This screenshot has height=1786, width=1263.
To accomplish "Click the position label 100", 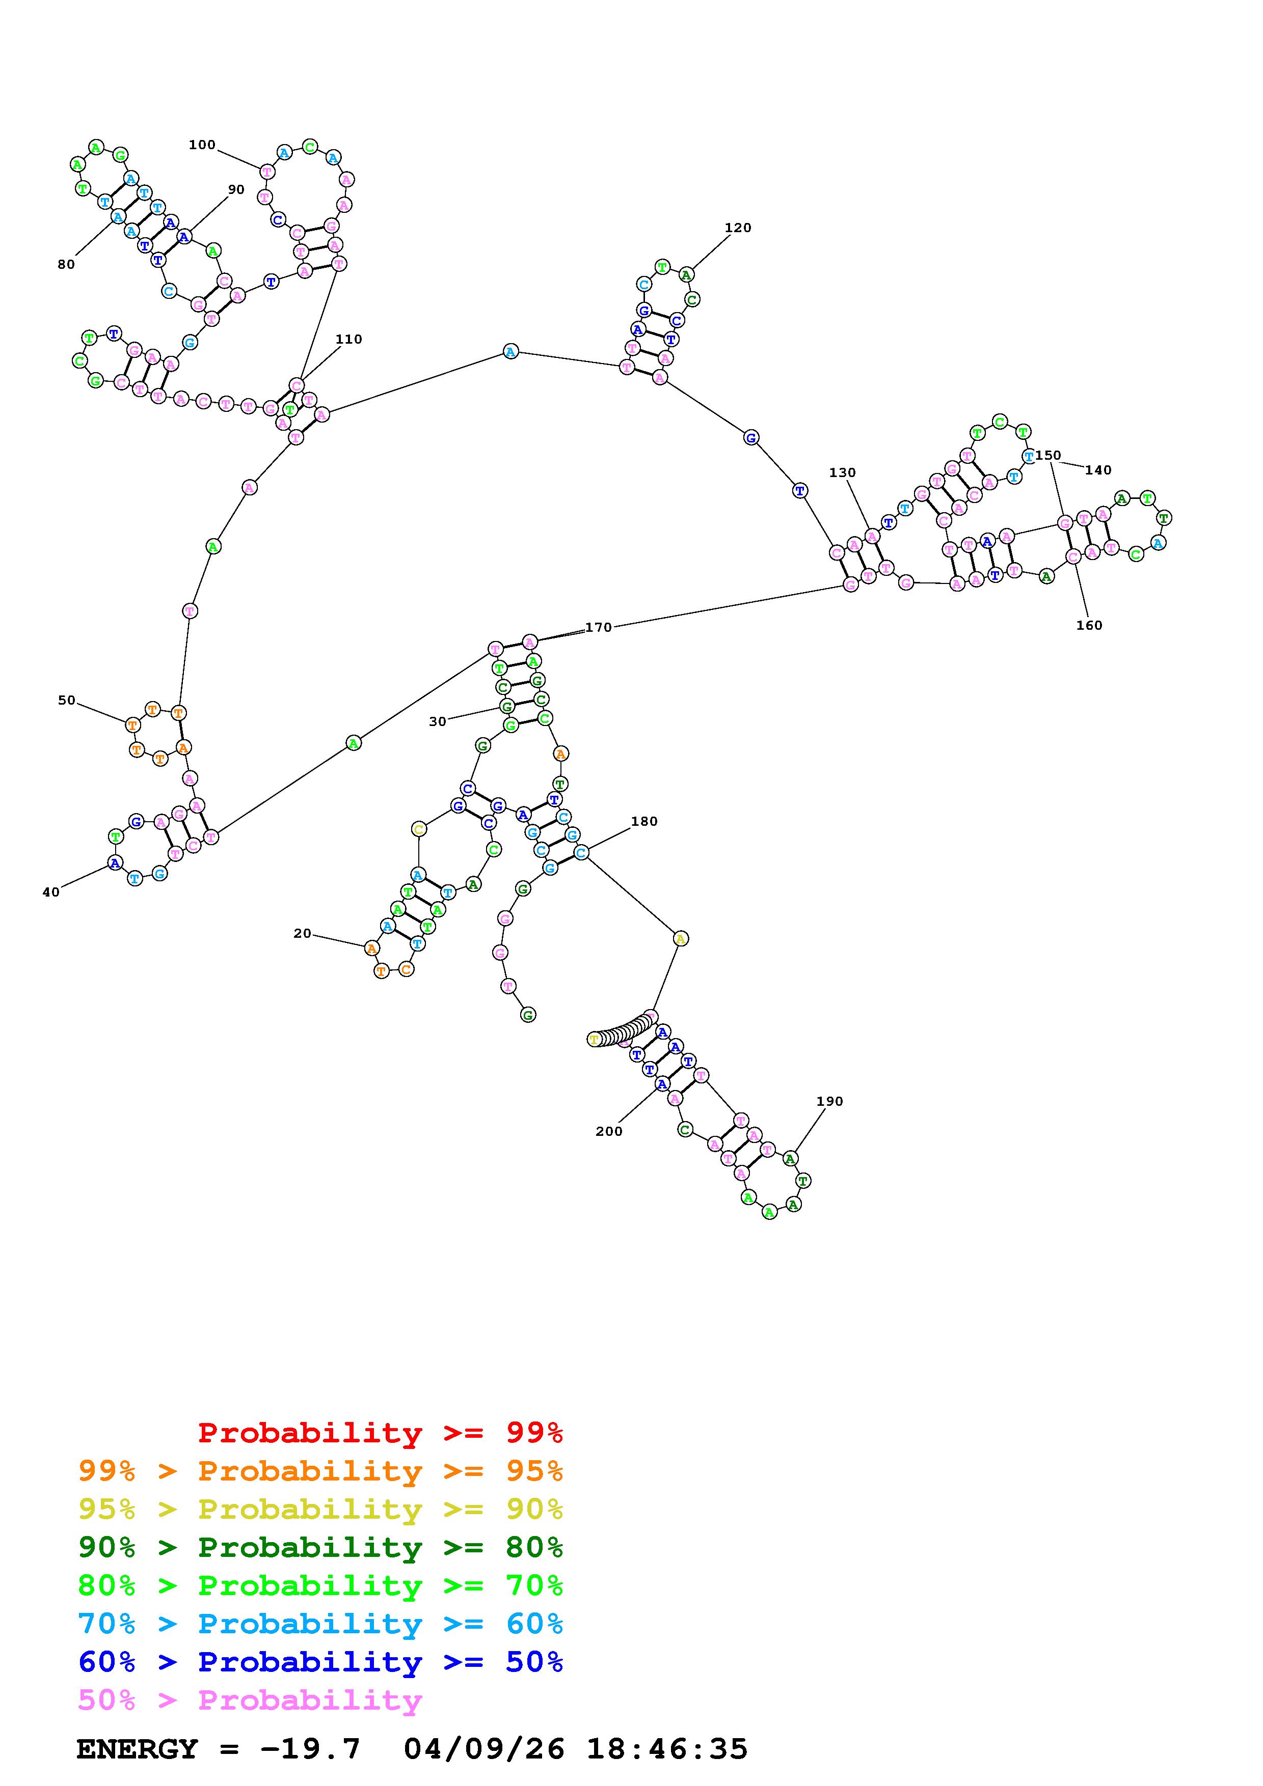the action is [x=202, y=145].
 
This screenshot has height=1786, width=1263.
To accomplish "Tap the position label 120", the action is [x=738, y=228].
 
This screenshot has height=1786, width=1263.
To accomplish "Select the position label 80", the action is [x=66, y=264].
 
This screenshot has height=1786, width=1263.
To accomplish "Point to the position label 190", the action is [x=829, y=1101].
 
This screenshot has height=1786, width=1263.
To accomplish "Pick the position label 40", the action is [x=50, y=892].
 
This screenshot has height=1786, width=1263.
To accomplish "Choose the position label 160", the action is [x=1089, y=625].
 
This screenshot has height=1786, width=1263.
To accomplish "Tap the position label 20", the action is [x=302, y=933].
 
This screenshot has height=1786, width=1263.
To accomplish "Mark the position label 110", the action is [x=348, y=339].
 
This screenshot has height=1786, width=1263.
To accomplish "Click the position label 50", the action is [x=67, y=700].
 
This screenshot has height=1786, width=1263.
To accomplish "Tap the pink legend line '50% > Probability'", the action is [x=250, y=1700].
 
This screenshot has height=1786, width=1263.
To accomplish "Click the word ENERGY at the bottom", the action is [x=137, y=1749].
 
